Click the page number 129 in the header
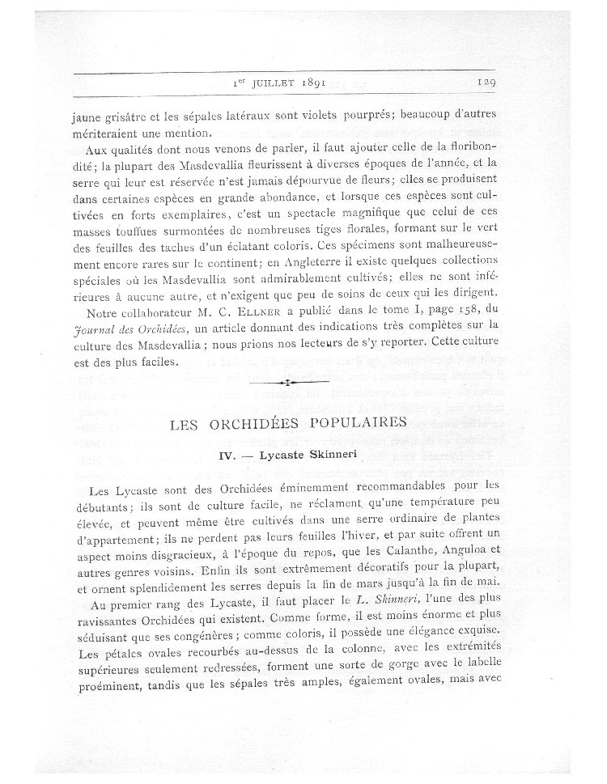pyautogui.click(x=490, y=81)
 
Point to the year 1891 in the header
pyautogui.click(x=329, y=82)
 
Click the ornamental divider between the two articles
pyautogui.click(x=289, y=379)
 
